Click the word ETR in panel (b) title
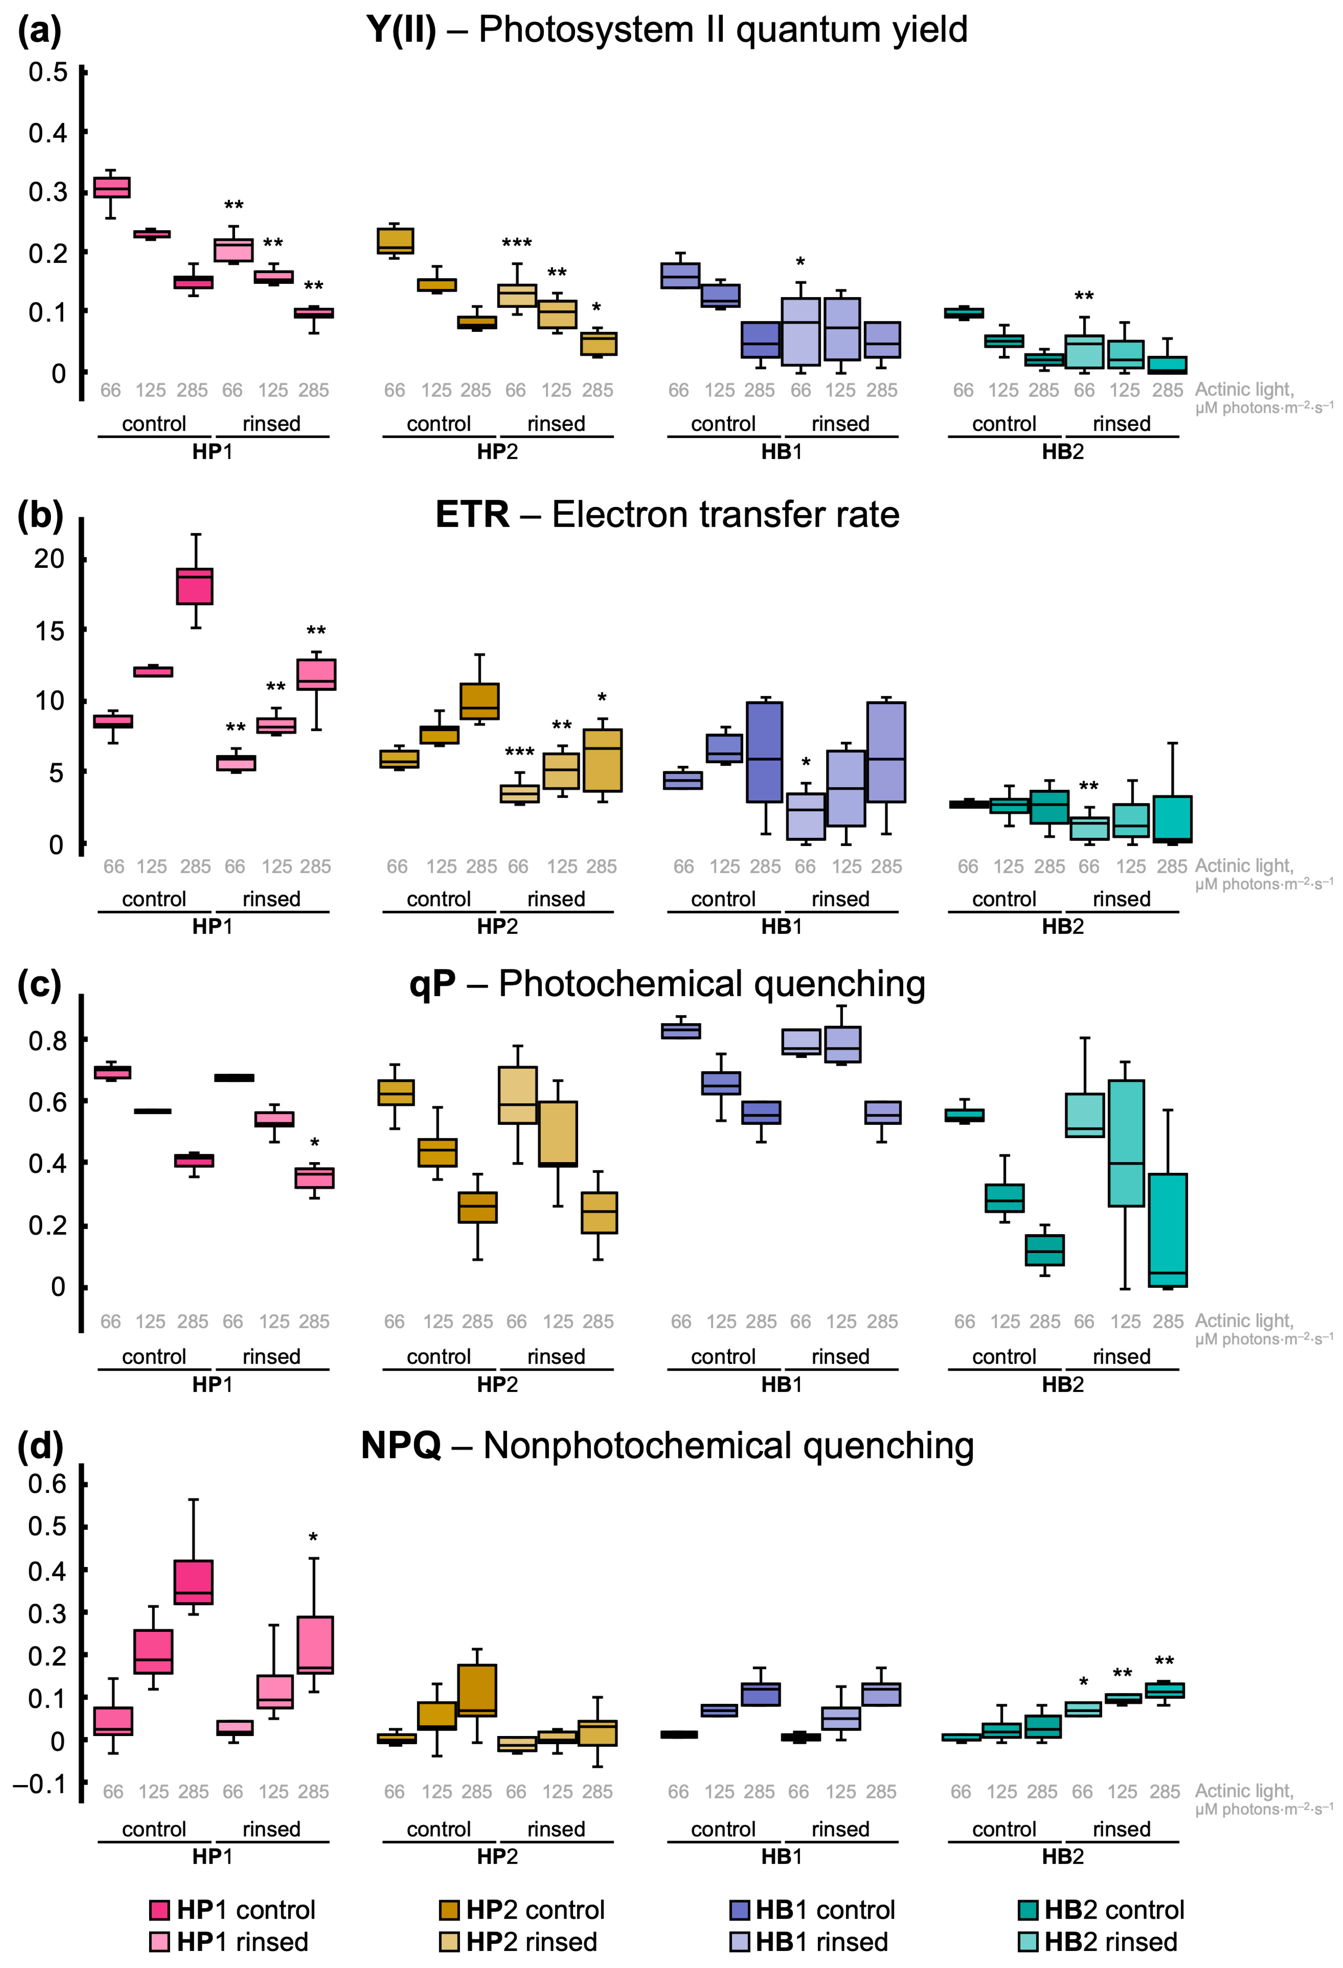coord(472,515)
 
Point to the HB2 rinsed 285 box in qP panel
coord(1168,1230)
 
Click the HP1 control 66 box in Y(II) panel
coord(111,187)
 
